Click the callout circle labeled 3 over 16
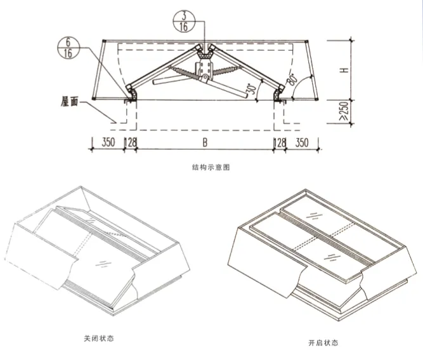(x=184, y=22)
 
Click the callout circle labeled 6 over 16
(x=68, y=48)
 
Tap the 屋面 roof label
(x=69, y=102)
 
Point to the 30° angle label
(x=252, y=89)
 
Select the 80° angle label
(x=293, y=79)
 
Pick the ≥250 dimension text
(x=344, y=112)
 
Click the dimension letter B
(x=205, y=143)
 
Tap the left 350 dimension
(x=108, y=143)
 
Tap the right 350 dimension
(x=302, y=143)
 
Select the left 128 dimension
(x=131, y=143)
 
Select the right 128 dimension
(x=280, y=143)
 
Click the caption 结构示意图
(x=211, y=167)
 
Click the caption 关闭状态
(x=99, y=338)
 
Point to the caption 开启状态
(x=323, y=343)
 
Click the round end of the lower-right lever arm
(x=244, y=95)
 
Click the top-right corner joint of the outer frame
(x=306, y=42)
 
